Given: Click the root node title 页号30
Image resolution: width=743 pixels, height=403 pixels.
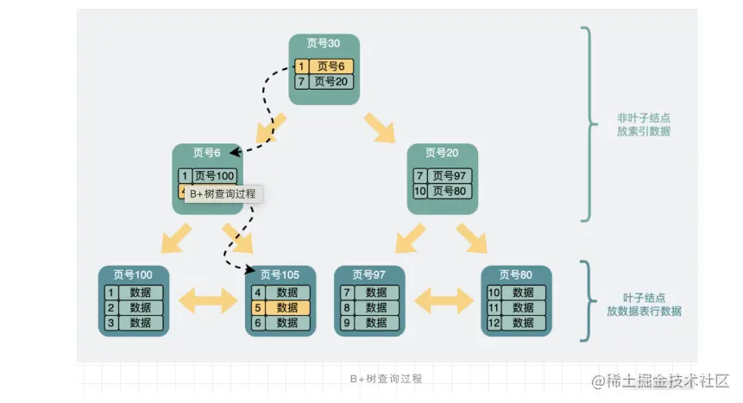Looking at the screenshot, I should tap(324, 43).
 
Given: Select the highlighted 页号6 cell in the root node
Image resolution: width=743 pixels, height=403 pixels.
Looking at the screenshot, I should tap(331, 66).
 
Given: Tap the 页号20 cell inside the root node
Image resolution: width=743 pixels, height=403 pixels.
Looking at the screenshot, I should tap(331, 82).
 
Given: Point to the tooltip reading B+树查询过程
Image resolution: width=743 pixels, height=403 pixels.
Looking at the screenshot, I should tap(223, 194).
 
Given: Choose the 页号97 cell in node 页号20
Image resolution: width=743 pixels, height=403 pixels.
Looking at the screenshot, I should tap(450, 176).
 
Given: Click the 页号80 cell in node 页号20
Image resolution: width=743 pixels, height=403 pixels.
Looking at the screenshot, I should tap(450, 191).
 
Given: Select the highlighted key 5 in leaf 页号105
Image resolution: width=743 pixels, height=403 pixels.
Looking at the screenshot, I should tap(257, 308).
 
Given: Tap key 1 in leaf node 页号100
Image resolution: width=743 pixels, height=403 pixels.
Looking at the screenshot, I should tap(110, 293).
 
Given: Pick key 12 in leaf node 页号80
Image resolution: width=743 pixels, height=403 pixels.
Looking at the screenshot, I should tap(494, 323).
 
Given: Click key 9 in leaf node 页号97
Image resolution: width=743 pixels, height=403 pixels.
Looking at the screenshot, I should tap(347, 323).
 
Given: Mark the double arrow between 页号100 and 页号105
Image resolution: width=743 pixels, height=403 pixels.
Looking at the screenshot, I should tap(207, 300).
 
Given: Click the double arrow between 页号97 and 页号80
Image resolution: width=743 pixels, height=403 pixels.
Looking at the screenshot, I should tap(443, 300).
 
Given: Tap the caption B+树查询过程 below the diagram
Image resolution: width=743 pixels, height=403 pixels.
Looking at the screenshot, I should tap(386, 379).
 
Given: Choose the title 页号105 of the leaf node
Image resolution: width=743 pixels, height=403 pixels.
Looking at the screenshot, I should tap(280, 275).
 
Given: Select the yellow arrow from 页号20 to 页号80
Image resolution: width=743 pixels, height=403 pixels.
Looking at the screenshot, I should tap(472, 237).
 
